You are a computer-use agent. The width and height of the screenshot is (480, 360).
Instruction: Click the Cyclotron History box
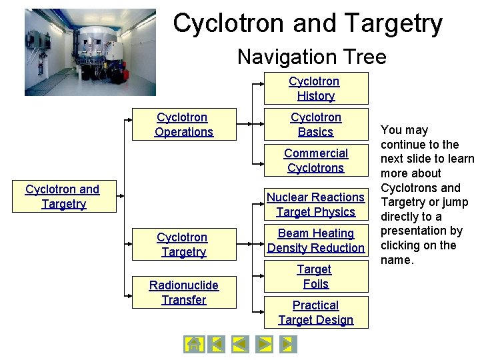(x=315, y=88)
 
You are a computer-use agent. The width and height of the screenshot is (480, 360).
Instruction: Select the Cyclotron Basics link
(x=315, y=124)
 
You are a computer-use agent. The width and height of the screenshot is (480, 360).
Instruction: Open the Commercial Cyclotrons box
(x=315, y=160)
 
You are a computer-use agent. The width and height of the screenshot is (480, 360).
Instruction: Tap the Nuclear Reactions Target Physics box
(x=315, y=204)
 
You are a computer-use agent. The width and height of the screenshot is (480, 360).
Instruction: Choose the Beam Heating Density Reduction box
(x=315, y=240)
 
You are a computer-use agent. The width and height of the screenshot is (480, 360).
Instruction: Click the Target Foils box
(x=315, y=276)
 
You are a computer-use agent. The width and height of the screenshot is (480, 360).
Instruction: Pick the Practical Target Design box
(x=315, y=312)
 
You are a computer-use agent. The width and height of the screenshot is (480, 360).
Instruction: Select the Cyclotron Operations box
(x=183, y=124)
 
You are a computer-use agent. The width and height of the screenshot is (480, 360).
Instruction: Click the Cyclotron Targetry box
(x=183, y=244)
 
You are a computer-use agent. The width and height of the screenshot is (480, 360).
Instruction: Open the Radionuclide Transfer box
(x=183, y=292)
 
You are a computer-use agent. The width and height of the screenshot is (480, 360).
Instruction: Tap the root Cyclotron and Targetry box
(x=63, y=196)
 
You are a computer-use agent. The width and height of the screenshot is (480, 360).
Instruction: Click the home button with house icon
(x=193, y=344)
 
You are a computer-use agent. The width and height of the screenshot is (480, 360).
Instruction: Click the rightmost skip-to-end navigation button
(x=287, y=344)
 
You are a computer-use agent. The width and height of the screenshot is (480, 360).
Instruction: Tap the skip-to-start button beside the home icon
(x=216, y=344)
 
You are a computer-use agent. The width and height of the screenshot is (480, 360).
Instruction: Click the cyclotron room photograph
(x=90, y=53)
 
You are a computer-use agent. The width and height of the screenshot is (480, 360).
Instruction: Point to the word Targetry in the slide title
(x=394, y=23)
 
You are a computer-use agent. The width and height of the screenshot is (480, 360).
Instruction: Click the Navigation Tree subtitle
(x=311, y=57)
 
